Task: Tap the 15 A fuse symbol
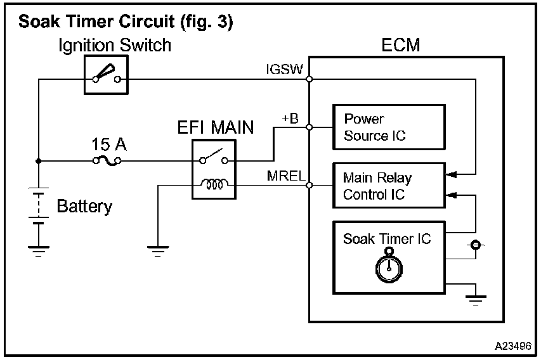point(108,161)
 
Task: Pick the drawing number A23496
point(513,347)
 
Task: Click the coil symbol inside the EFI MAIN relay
point(214,185)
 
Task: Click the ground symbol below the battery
point(38,251)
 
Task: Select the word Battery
point(84,206)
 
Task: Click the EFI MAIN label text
point(214,127)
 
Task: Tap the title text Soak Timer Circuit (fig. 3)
point(126,23)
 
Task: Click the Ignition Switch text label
point(115,46)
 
